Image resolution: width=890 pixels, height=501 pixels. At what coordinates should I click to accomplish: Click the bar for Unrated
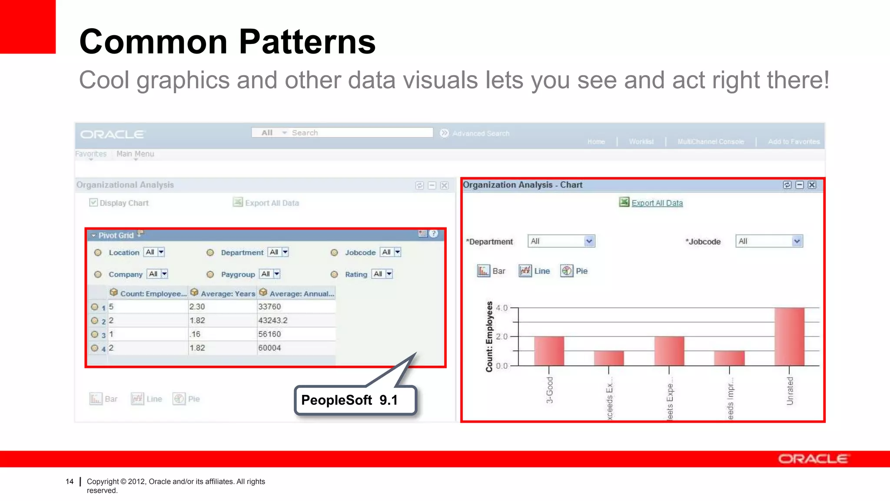(x=789, y=337)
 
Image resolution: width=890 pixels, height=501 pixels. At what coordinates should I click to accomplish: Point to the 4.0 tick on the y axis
(x=502, y=308)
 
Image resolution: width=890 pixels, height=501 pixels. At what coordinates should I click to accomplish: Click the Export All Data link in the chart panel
(x=657, y=203)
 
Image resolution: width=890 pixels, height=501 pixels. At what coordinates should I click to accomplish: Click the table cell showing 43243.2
(x=296, y=321)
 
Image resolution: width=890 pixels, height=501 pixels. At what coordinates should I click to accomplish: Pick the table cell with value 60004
(x=296, y=348)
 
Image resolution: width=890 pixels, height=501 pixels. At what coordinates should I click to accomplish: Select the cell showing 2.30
(x=222, y=307)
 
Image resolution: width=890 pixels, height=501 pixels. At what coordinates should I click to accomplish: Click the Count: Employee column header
(x=148, y=294)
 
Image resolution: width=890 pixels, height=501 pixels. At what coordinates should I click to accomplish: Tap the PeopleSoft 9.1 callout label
(x=349, y=400)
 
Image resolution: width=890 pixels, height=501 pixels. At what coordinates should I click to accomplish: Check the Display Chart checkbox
(x=93, y=203)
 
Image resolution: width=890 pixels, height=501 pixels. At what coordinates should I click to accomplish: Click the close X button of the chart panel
(x=812, y=185)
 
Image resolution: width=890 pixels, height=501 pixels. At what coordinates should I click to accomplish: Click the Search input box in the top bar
(x=361, y=133)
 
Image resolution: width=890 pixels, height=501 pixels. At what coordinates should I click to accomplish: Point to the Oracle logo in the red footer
(x=813, y=459)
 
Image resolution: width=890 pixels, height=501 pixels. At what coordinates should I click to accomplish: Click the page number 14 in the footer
(x=70, y=481)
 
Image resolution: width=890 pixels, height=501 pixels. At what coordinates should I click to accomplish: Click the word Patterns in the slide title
(x=307, y=42)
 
